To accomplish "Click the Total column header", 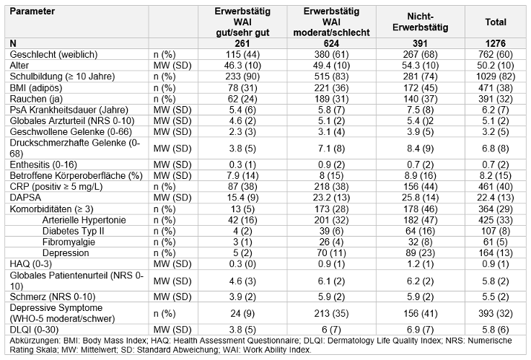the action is [x=496, y=22].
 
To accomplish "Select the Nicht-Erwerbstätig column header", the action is [x=421, y=22].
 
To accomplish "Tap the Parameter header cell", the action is [x=32, y=11].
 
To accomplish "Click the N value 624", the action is [x=331, y=43].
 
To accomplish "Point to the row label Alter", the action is [x=19, y=66].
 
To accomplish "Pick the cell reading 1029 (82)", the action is [x=496, y=76].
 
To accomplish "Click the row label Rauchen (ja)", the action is [x=36, y=99].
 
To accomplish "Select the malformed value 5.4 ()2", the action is [x=421, y=121].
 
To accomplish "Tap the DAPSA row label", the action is [x=25, y=198].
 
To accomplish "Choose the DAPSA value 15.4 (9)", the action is [x=242, y=198].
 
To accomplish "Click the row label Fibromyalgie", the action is [x=69, y=242].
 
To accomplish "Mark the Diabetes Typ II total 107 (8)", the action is [x=496, y=231].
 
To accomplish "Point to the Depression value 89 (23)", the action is [x=421, y=253].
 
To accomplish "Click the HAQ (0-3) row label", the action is [x=31, y=264].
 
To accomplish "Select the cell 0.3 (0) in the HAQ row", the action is [x=242, y=264].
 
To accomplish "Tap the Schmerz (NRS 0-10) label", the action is [x=53, y=297].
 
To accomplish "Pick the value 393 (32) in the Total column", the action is [x=496, y=313].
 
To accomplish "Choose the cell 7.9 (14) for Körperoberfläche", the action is [x=242, y=176].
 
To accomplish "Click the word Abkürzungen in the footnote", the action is [x=28, y=341].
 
